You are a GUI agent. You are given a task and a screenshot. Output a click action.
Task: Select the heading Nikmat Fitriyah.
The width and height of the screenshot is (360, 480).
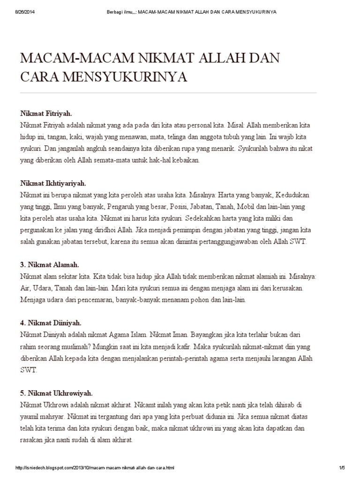click(x=46, y=114)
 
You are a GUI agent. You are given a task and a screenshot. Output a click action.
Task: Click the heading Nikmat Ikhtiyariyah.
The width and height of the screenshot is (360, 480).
click(x=53, y=183)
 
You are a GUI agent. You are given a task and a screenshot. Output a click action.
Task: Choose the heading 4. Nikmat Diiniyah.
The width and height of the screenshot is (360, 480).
click(x=51, y=323)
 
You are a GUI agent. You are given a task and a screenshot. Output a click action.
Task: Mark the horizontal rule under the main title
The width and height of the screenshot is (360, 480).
click(x=168, y=93)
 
